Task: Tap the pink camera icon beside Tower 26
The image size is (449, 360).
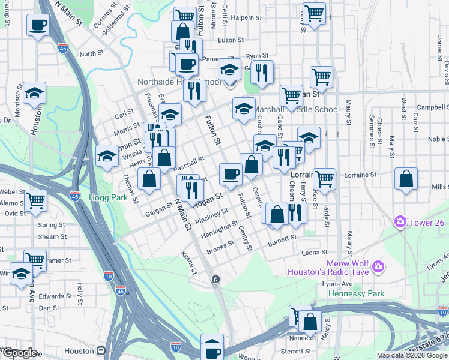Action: (400, 223)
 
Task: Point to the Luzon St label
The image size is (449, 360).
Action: (231, 40)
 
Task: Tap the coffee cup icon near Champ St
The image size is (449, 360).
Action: (38, 25)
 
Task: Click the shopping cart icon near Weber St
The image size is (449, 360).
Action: (36, 200)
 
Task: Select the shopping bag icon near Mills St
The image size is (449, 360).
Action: (406, 179)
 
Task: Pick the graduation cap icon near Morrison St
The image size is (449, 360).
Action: (35, 93)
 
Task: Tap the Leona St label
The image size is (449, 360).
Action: (315, 253)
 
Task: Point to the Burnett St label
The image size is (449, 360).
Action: (282, 238)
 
